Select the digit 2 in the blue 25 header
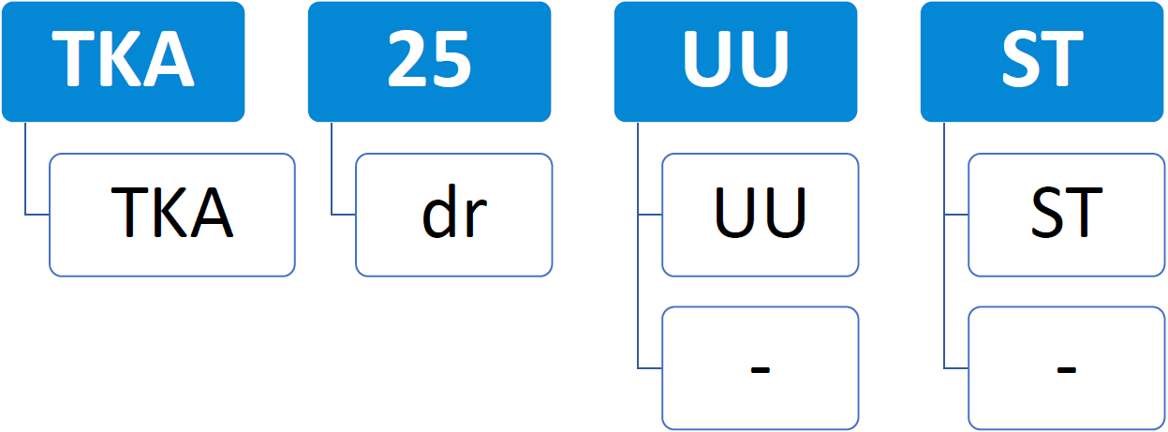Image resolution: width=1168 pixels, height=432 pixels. click(x=407, y=58)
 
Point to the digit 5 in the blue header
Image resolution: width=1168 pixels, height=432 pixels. click(x=451, y=58)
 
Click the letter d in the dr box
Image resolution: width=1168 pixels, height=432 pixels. click(x=440, y=210)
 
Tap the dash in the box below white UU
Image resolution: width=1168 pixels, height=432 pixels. click(x=760, y=369)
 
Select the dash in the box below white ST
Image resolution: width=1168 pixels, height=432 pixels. click(x=1066, y=369)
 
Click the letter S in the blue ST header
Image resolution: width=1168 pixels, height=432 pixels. click(x=1021, y=58)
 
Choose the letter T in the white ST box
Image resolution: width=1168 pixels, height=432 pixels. click(x=1083, y=213)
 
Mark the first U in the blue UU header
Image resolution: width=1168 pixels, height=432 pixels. click(x=708, y=59)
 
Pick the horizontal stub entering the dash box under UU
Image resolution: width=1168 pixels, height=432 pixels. click(x=650, y=368)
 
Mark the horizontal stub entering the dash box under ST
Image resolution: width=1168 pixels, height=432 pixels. click(x=956, y=368)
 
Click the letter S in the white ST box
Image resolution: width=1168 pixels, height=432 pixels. click(x=1047, y=213)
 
